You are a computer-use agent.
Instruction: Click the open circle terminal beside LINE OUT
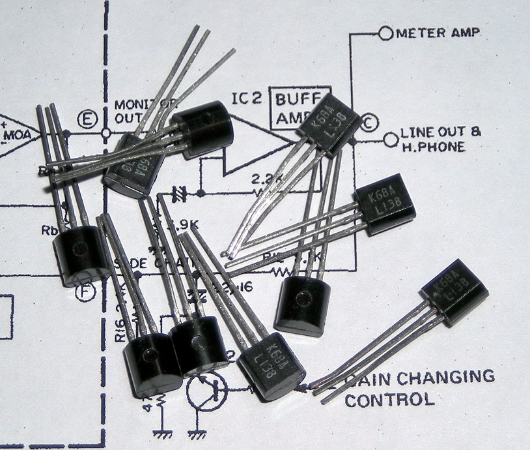[x=391, y=138]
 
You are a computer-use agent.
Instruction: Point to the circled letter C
[x=369, y=122]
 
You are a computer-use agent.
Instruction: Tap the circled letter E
[x=85, y=120]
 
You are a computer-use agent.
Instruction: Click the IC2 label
[x=247, y=99]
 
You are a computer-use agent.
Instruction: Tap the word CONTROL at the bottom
[x=389, y=399]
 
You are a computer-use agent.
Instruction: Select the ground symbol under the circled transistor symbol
[x=195, y=432]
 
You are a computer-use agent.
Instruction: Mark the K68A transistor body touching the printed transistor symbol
[x=272, y=364]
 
